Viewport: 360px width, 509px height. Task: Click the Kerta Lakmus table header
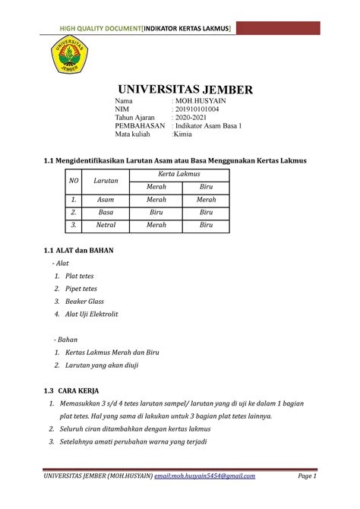179,175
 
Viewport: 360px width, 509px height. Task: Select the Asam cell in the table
101,199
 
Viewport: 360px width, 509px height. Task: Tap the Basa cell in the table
101,212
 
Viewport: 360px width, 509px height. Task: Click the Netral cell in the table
101,226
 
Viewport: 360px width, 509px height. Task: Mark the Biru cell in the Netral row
206,226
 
